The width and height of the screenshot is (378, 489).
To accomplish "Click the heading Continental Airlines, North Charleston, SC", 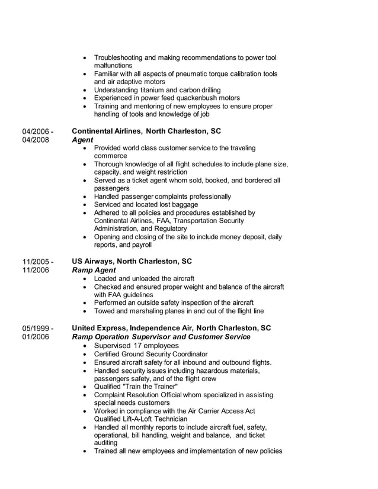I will coord(146,131).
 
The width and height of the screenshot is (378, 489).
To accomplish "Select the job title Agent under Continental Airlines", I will coord(82,140).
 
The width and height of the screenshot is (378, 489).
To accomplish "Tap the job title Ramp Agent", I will coord(94,270).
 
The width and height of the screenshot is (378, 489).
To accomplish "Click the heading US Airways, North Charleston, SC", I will coord(132,261).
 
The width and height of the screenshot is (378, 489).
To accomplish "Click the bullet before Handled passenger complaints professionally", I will coord(87,197).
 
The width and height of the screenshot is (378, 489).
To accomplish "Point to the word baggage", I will coord(168,205).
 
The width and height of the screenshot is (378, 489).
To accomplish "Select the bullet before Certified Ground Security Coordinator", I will coord(87,354).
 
